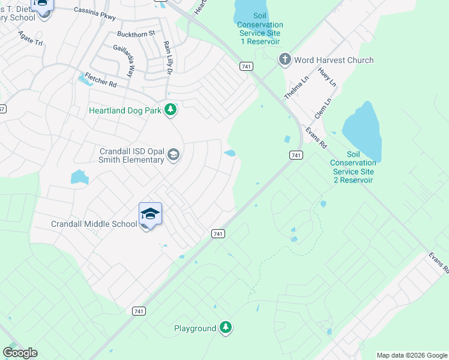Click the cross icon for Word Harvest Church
(285, 59)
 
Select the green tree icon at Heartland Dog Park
(172, 110)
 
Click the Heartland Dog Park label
(126, 110)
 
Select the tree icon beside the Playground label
(226, 328)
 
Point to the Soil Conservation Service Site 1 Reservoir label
(260, 33)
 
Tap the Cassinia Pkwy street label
(94, 10)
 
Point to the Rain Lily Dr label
(167, 58)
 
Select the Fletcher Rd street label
(100, 78)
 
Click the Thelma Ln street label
(292, 89)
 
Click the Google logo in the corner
(20, 353)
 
